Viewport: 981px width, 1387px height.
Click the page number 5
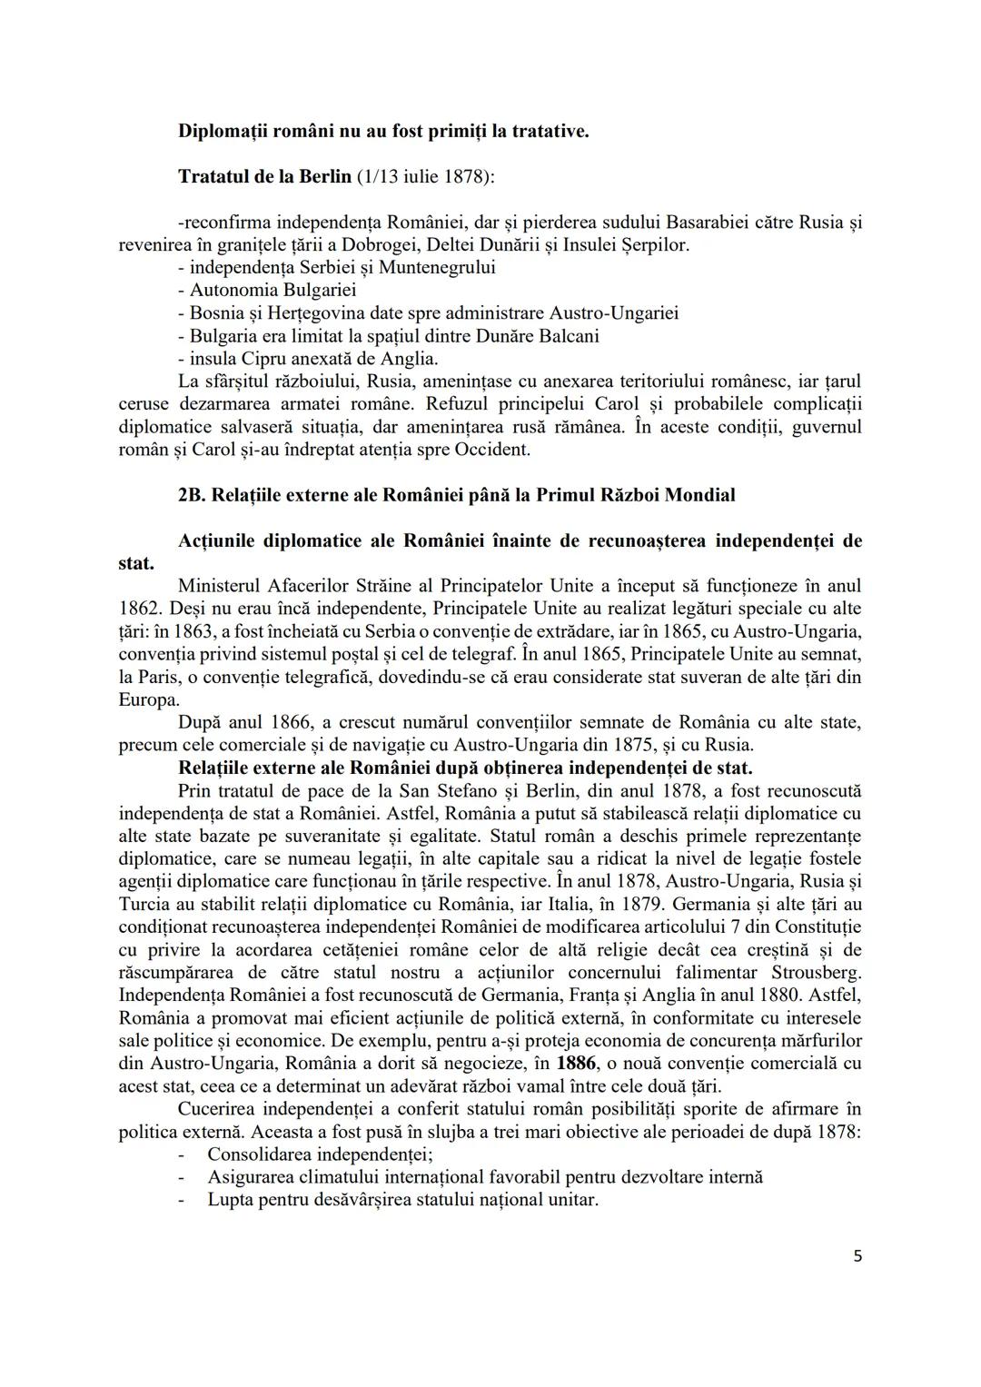pos(858,1256)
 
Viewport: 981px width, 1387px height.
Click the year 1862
pos(138,609)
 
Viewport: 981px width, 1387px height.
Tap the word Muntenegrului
pos(437,267)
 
